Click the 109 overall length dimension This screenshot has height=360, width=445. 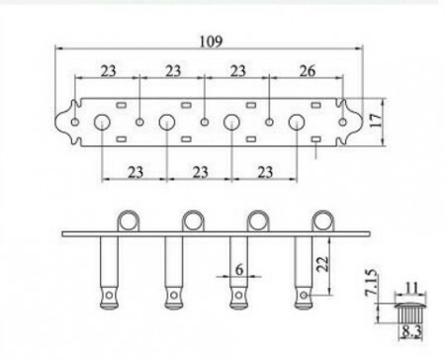tap(212, 42)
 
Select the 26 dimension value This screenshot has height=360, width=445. tap(308, 70)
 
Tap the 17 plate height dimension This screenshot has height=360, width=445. tap(376, 121)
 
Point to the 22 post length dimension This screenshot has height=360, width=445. tap(322, 263)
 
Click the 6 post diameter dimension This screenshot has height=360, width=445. tap(239, 269)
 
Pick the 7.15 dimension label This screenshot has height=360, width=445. tap(371, 282)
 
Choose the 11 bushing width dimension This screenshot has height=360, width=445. tap(410, 288)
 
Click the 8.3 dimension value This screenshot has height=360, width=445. tap(410, 332)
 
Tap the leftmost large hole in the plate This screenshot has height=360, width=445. tap(102, 123)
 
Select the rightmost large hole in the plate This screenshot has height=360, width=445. tap(297, 123)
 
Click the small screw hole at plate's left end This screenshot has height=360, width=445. tap(75, 123)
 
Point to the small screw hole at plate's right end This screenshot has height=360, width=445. tap(343, 123)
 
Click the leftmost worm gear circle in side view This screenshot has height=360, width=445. tap(129, 221)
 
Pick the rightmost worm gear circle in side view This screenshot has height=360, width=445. tap(322, 221)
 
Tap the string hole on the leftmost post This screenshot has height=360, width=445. tap(109, 295)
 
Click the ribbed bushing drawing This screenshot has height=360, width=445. tap(410, 314)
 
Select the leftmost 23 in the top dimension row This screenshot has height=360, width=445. tap(109, 70)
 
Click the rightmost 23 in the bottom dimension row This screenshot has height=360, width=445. tap(265, 172)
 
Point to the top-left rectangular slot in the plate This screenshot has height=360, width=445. tap(122, 106)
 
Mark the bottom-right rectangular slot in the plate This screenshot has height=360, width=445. tap(316, 139)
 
